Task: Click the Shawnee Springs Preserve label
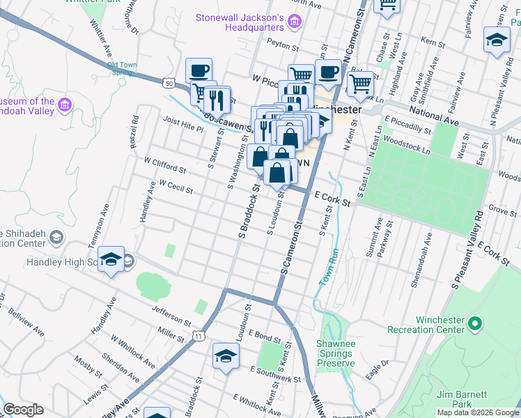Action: [x=336, y=353]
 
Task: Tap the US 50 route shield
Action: [x=170, y=83]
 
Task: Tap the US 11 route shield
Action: [x=199, y=336]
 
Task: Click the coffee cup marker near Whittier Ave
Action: [x=199, y=70]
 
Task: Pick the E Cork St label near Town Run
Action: [x=331, y=199]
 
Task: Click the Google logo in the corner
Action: [x=23, y=410]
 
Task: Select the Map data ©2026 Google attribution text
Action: [x=478, y=412]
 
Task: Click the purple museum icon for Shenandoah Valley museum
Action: [x=65, y=105]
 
